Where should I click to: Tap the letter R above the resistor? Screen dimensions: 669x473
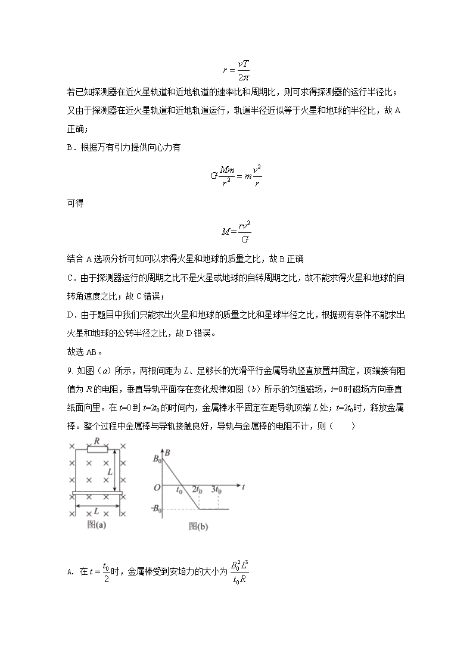point(97,441)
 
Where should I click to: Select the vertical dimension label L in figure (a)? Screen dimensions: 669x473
point(111,471)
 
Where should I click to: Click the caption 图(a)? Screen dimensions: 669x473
point(96,525)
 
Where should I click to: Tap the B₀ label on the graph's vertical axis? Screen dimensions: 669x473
point(157,459)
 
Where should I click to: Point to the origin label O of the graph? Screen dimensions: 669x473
point(157,487)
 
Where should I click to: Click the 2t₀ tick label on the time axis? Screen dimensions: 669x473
point(196,490)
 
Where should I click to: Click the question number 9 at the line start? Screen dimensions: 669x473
point(70,371)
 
